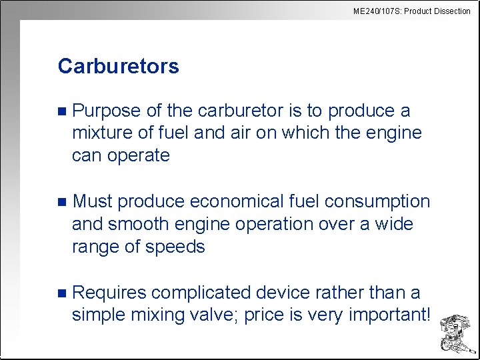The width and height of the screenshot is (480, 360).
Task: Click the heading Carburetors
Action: click(118, 67)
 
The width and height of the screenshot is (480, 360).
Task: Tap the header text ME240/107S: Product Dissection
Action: click(411, 11)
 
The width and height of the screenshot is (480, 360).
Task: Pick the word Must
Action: click(93, 201)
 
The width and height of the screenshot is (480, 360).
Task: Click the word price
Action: click(265, 315)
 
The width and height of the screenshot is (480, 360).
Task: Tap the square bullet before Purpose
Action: click(62, 111)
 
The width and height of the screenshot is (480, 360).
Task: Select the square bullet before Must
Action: click(62, 202)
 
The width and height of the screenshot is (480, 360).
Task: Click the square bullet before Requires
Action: click(62, 293)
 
